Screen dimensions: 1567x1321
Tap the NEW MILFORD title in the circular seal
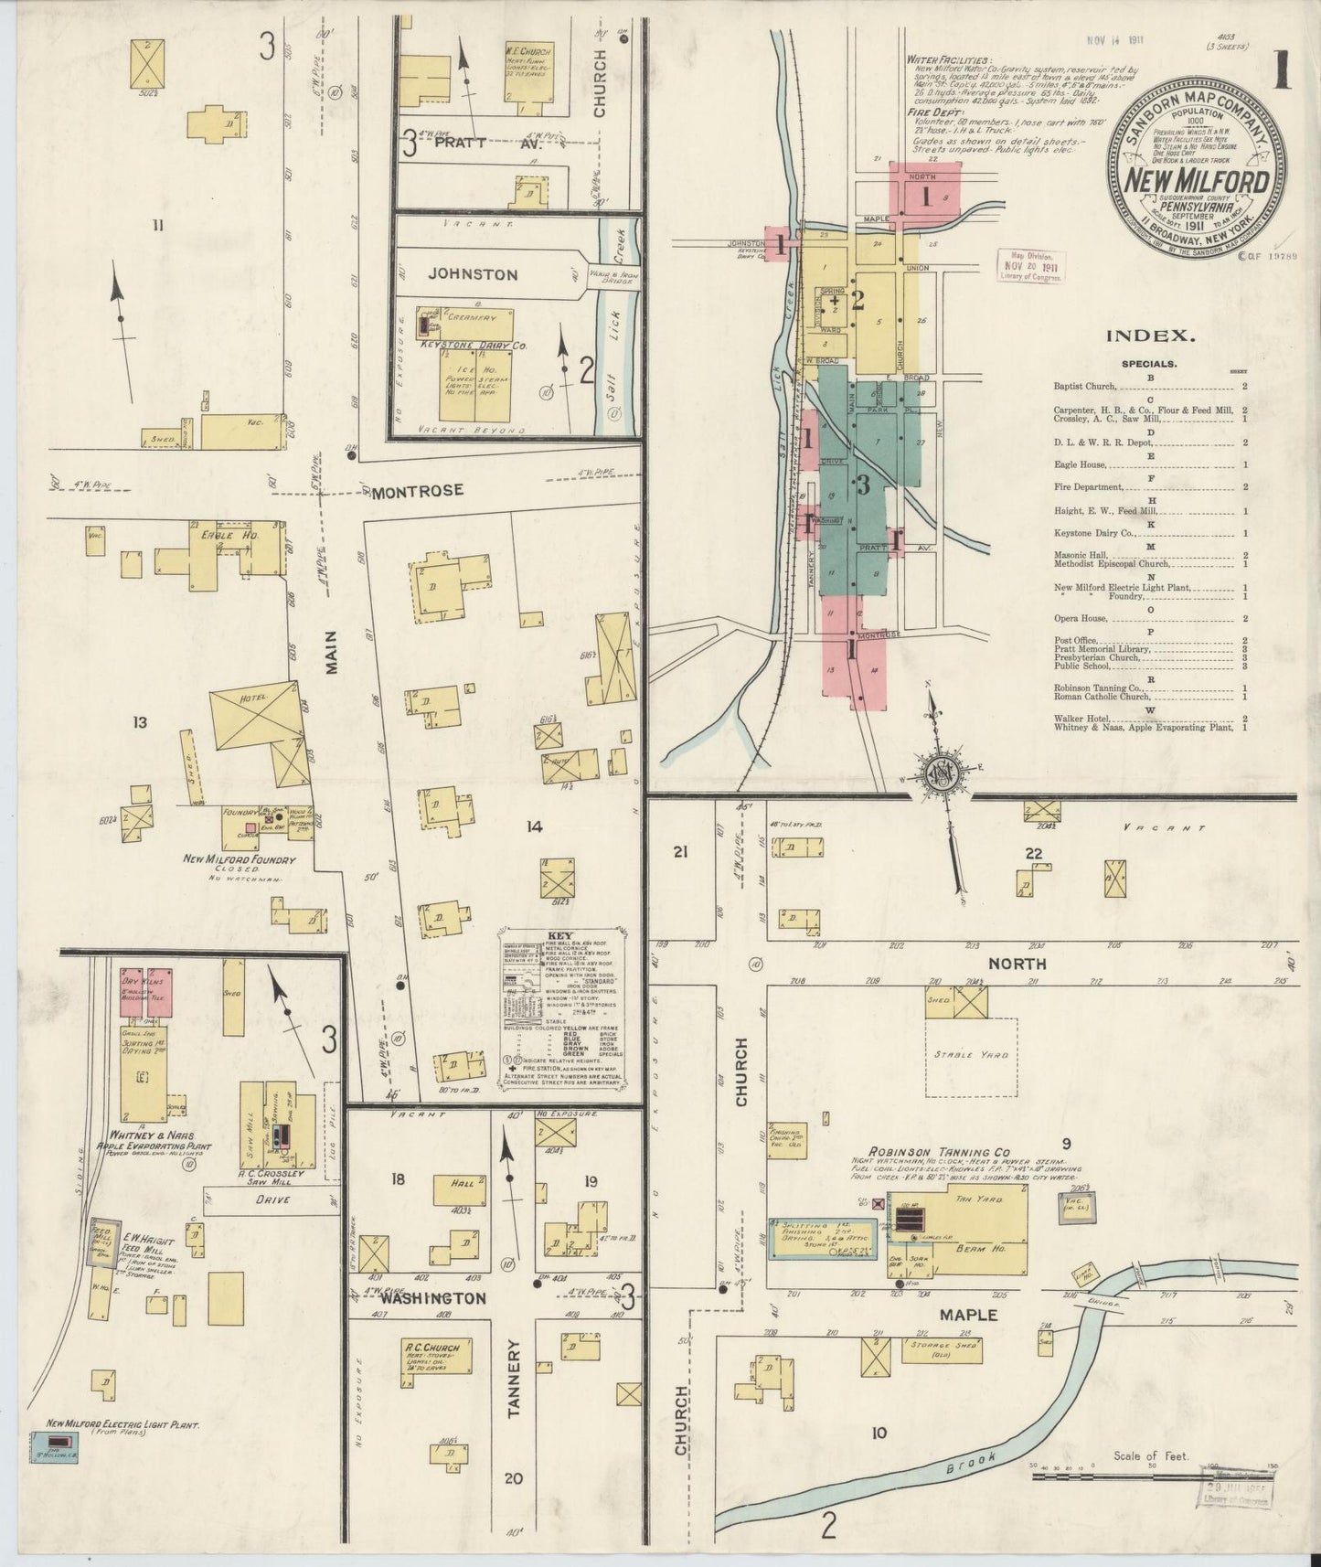(x=1196, y=183)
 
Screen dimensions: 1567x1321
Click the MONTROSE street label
(x=417, y=491)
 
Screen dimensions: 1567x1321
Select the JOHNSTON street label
(x=473, y=274)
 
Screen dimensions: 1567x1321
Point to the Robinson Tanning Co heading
(x=930, y=1154)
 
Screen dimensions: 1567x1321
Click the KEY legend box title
(x=558, y=935)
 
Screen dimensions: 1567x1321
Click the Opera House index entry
(x=1081, y=619)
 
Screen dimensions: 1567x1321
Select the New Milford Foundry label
(x=240, y=860)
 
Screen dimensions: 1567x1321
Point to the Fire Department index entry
(x=1095, y=487)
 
